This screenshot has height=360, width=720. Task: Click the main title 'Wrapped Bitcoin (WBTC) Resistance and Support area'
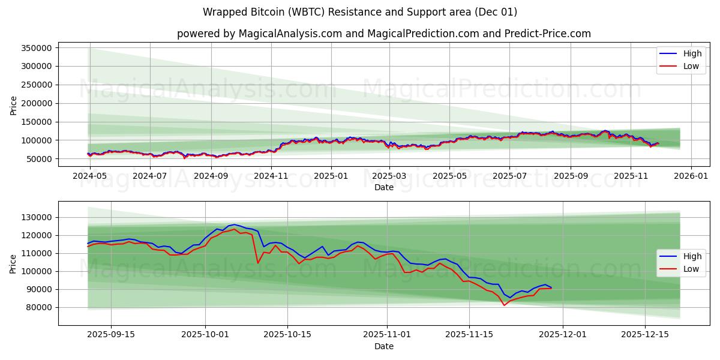pos(360,12)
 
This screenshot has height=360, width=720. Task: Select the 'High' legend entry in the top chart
pos(683,53)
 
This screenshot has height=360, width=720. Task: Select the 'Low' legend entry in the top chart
pos(683,66)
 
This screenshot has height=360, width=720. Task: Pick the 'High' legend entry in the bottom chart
pos(683,256)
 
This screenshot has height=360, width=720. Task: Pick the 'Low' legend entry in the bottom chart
pos(683,269)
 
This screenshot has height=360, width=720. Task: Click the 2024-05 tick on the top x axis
pos(89,176)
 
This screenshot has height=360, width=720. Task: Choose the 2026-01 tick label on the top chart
pos(691,176)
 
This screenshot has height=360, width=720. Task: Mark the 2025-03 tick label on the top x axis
pos(389,176)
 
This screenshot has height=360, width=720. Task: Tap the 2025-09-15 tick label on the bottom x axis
pos(110,334)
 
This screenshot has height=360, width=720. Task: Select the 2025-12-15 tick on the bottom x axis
pos(644,334)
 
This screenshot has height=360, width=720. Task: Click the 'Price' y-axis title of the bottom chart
pos(13,263)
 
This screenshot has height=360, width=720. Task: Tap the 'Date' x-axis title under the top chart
pos(384,187)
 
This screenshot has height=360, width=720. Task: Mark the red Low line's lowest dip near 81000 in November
pos(504,305)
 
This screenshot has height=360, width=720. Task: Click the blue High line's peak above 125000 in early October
pos(235,224)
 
